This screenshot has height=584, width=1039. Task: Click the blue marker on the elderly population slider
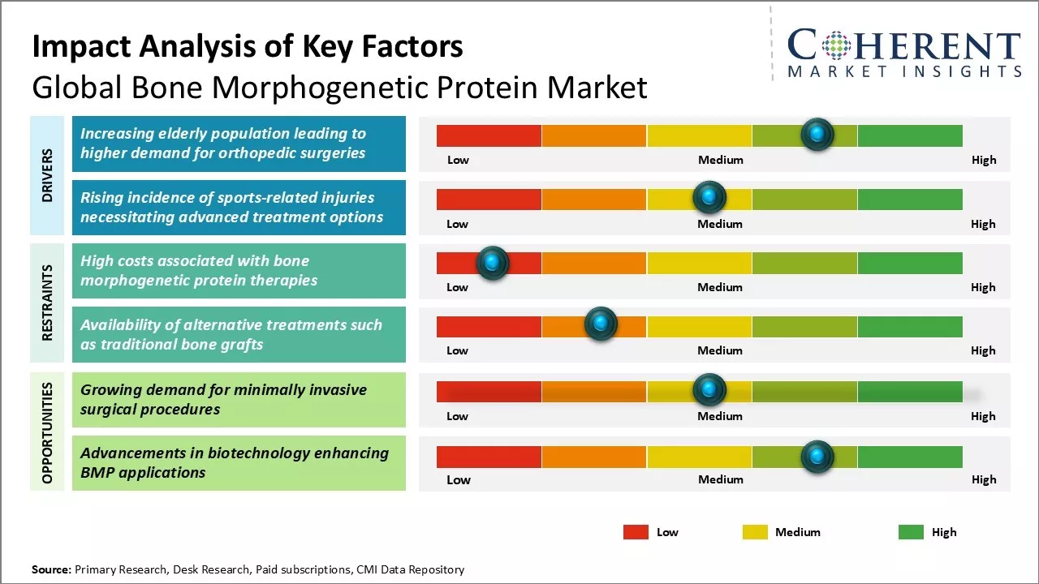pos(817,134)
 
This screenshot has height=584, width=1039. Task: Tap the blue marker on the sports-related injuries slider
pos(709,197)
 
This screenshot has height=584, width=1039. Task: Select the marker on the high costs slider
pos(492,263)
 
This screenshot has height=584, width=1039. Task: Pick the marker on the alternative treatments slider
pos(601,324)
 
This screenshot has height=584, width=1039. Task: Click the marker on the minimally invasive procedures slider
pos(709,390)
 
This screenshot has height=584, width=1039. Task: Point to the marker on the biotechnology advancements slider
pos(817,457)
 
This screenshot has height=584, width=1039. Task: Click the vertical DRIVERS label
pos(47,175)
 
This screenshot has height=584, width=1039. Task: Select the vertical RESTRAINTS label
pos(47,303)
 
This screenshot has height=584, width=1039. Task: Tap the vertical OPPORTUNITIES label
pos(47,432)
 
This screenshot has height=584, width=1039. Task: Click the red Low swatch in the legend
pos(636,532)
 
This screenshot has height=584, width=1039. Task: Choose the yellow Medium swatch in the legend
pos(755,532)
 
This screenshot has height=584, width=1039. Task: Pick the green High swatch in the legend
pos(911,532)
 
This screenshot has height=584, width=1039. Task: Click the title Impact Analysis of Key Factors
pos(248,47)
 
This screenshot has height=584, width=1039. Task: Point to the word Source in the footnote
pos(51,569)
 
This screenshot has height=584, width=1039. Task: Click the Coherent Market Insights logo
pos(904,53)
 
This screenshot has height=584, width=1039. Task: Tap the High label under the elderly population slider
pos(983,160)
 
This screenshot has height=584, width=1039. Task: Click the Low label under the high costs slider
pos(457,287)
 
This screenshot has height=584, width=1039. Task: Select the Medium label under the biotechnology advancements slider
pos(720,479)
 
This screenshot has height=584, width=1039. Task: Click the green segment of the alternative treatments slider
pos(909,326)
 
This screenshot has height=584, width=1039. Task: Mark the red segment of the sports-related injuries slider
pos(489,200)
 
